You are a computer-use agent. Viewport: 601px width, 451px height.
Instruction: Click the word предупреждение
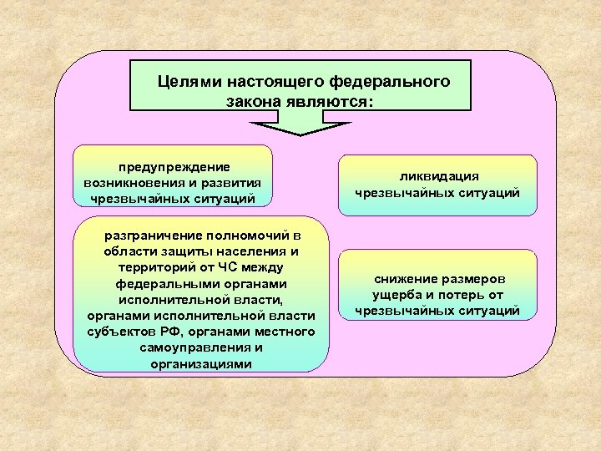click(x=174, y=167)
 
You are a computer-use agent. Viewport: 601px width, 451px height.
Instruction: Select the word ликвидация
click(x=438, y=176)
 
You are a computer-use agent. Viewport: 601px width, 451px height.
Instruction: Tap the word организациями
click(x=200, y=364)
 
